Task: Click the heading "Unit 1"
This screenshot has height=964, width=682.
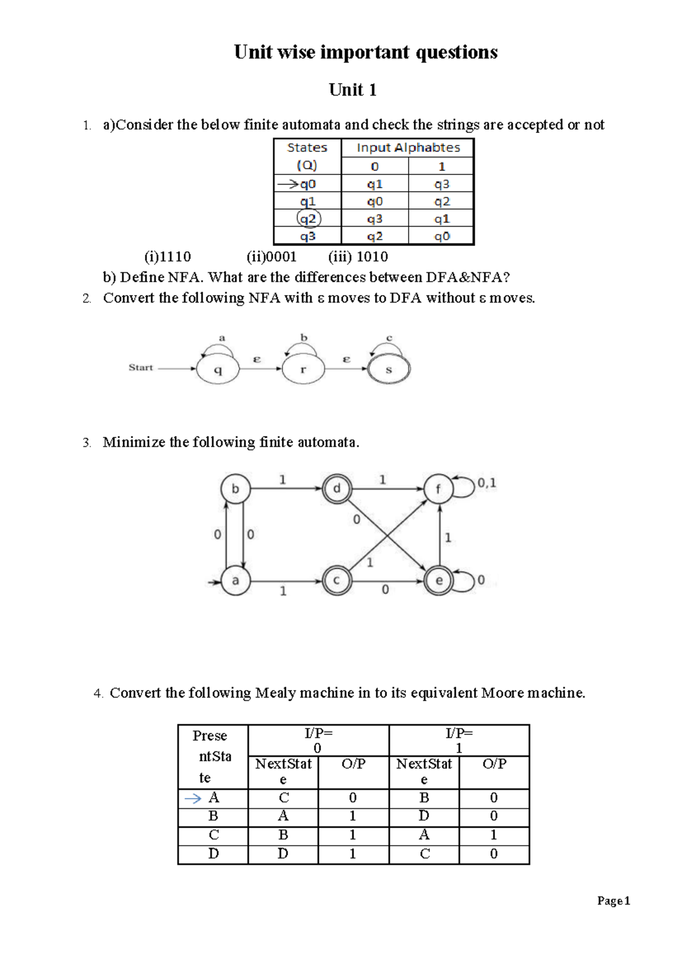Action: click(352, 90)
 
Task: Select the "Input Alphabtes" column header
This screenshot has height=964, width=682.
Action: click(408, 148)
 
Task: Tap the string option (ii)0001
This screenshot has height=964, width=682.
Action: click(272, 257)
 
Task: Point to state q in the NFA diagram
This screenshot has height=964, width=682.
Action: click(218, 369)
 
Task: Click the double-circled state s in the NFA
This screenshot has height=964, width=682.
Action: click(389, 369)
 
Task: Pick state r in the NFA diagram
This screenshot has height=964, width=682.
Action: click(303, 369)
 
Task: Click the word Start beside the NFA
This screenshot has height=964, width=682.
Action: click(140, 367)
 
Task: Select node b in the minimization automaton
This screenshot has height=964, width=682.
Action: click(235, 489)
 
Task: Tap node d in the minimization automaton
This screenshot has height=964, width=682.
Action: click(337, 489)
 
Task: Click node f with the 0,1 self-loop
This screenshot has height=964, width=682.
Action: click(438, 489)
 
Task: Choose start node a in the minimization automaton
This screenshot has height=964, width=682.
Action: click(235, 581)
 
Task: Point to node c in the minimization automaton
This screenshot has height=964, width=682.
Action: click(337, 581)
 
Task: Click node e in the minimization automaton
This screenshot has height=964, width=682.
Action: click(439, 581)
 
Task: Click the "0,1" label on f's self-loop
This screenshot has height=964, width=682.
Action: click(486, 483)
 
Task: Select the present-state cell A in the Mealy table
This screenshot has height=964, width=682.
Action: click(214, 798)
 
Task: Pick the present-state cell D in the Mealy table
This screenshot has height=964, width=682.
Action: click(214, 854)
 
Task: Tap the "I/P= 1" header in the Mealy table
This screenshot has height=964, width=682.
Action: click(459, 740)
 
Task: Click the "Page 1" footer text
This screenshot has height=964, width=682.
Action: click(613, 901)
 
